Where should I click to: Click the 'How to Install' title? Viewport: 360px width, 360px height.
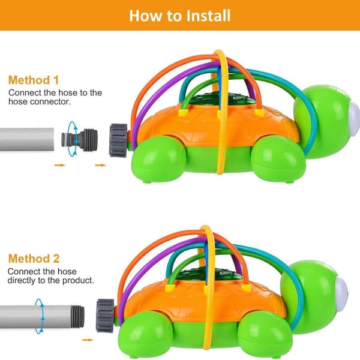pos(180,16)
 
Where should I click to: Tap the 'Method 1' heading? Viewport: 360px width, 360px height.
pos(34,80)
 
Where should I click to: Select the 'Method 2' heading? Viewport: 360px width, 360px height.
pos(34,259)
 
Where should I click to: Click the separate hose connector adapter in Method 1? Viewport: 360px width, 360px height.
pos(79,140)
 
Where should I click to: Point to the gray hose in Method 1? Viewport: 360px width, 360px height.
pos(27,139)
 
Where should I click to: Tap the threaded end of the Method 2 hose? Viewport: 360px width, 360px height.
pos(77,317)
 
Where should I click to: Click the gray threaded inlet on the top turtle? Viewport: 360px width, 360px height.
pos(118,140)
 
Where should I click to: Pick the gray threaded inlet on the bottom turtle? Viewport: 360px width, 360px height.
pos(105,316)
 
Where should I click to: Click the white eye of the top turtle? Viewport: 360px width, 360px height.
pos(354,119)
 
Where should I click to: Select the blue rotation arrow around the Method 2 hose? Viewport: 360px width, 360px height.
pos(39,316)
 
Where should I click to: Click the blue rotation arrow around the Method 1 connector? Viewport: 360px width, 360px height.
pos(73,139)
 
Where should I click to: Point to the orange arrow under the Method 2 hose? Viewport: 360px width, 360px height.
pos(88,340)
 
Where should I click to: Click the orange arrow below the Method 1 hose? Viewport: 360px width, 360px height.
pos(59,165)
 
